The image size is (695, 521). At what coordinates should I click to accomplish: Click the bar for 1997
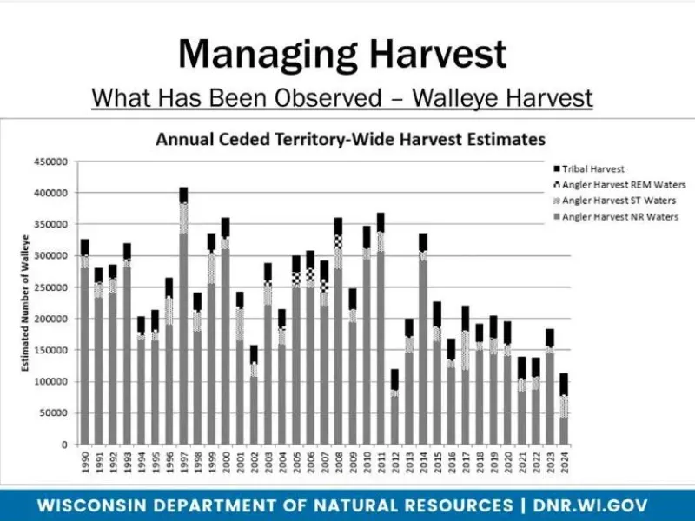(x=183, y=317)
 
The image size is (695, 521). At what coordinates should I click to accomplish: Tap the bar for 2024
(x=563, y=409)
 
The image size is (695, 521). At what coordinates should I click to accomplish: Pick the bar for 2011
(x=381, y=330)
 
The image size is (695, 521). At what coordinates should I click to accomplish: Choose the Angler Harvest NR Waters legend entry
(x=619, y=216)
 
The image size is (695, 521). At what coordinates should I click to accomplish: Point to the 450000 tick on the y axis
(x=50, y=162)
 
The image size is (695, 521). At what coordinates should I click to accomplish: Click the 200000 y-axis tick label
(x=50, y=319)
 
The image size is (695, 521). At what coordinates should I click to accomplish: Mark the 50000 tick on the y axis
(x=53, y=413)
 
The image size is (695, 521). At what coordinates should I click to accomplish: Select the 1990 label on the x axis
(x=85, y=462)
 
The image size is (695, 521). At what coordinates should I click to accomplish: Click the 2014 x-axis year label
(x=423, y=462)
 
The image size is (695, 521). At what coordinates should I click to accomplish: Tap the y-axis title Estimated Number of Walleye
(x=28, y=303)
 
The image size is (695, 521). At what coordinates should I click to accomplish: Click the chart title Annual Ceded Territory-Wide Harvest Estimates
(x=350, y=139)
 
